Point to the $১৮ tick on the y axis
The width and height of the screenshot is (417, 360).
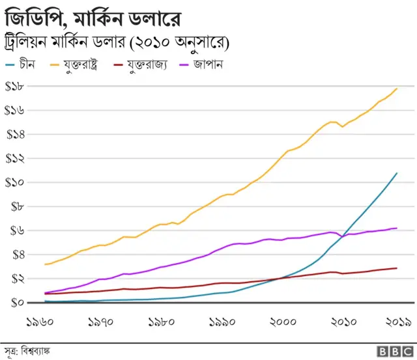pos(15,87)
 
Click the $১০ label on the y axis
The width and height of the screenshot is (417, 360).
pos(15,182)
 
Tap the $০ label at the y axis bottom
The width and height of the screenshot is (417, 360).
pos(18,302)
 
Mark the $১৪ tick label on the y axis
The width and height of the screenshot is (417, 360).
pos(15,135)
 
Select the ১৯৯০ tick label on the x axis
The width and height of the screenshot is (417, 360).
pos(223,322)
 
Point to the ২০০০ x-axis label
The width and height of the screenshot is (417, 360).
pos(284,322)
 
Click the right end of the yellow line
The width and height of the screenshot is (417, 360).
pos(397,89)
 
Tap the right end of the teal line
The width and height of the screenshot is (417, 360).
pos(397,173)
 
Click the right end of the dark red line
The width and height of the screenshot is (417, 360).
pos(397,268)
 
